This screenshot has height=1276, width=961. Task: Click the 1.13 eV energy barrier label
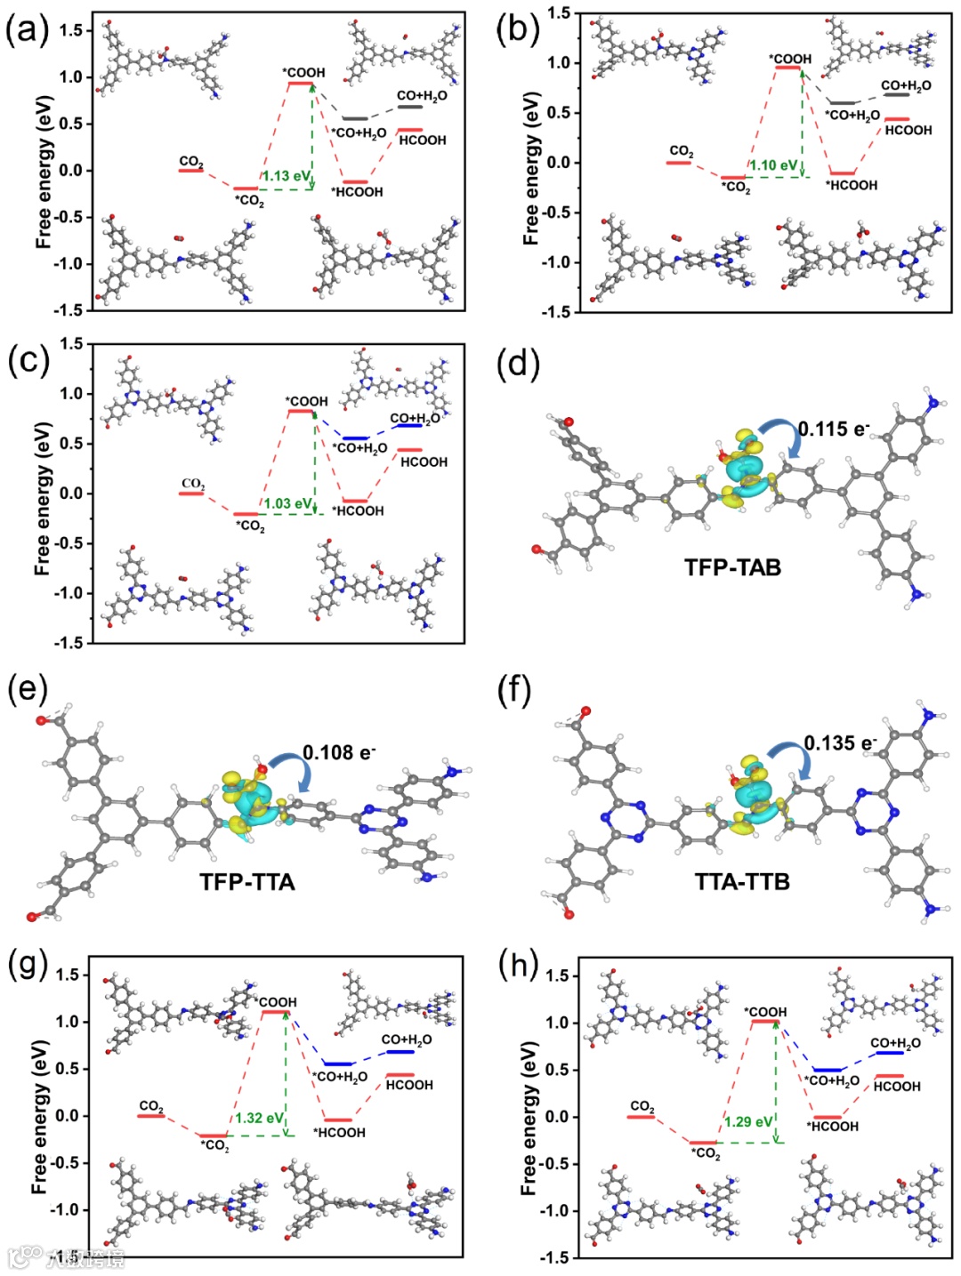tap(286, 176)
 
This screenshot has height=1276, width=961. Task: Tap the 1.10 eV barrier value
tap(772, 165)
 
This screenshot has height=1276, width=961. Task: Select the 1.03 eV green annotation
tap(287, 503)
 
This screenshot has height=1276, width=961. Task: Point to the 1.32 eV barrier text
tap(259, 1119)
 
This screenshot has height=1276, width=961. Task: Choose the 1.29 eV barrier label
tap(747, 1122)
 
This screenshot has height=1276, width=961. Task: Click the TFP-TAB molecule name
tap(732, 567)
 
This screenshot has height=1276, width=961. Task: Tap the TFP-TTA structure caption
tap(247, 882)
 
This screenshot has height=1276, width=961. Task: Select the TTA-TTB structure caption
tap(742, 882)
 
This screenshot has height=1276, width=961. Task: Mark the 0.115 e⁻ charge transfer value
tap(833, 429)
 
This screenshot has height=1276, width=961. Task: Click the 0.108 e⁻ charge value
tap(339, 753)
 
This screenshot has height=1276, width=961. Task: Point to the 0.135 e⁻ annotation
tap(840, 742)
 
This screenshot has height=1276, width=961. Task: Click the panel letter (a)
tap(27, 31)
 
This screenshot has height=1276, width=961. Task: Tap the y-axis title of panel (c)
tap(43, 494)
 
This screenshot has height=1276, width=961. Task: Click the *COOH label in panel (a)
tap(304, 72)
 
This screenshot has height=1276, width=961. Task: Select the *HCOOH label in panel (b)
tap(852, 185)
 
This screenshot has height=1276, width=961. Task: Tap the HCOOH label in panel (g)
tap(409, 1085)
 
